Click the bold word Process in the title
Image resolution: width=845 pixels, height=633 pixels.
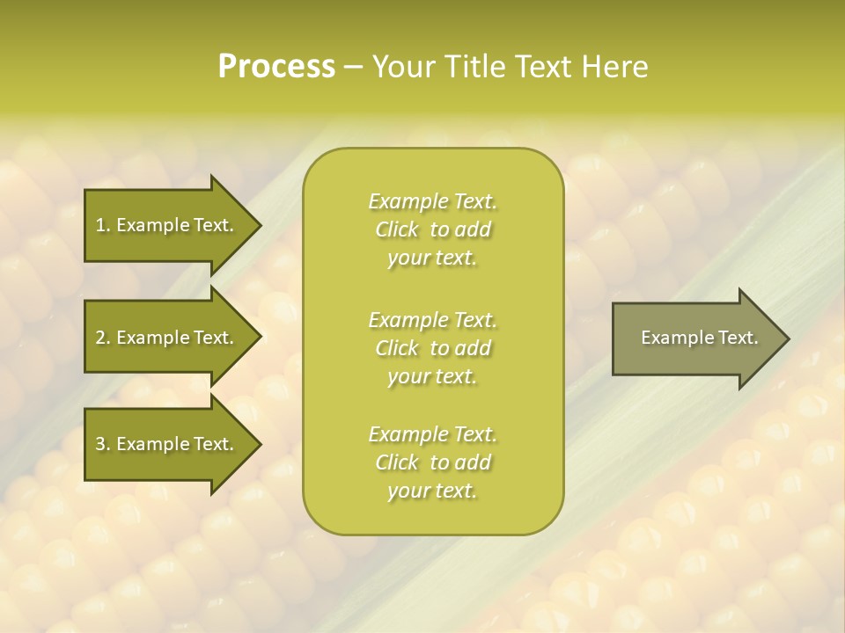pyautogui.click(x=276, y=67)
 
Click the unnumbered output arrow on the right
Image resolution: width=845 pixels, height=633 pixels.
pyautogui.click(x=695, y=338)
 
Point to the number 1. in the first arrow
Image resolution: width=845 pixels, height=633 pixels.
pyautogui.click(x=103, y=225)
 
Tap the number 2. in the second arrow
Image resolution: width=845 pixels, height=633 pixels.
pyautogui.click(x=103, y=338)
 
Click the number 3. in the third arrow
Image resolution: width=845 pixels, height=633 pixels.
pyautogui.click(x=103, y=444)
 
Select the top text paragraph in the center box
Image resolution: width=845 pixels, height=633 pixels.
pyautogui.click(x=432, y=229)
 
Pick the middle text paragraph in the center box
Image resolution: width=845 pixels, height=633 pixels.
pyautogui.click(x=432, y=347)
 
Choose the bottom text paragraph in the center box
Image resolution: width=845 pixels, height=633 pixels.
pyautogui.click(x=432, y=462)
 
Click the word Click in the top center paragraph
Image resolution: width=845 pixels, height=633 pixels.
pyautogui.click(x=397, y=229)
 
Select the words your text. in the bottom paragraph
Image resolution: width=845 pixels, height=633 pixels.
pyautogui.click(x=432, y=491)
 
